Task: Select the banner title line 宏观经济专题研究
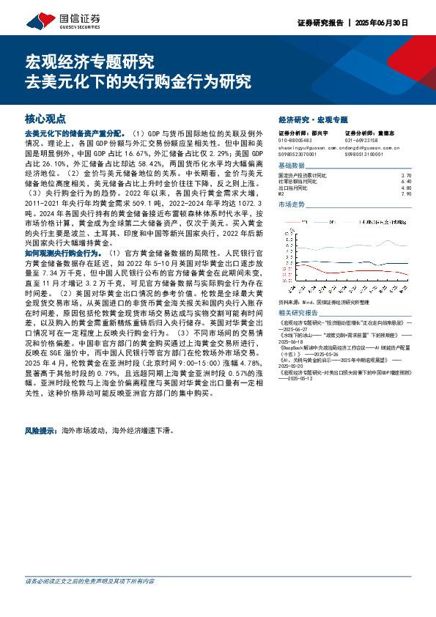89,61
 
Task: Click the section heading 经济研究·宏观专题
313,119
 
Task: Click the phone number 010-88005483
295,139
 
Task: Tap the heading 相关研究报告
297,292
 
